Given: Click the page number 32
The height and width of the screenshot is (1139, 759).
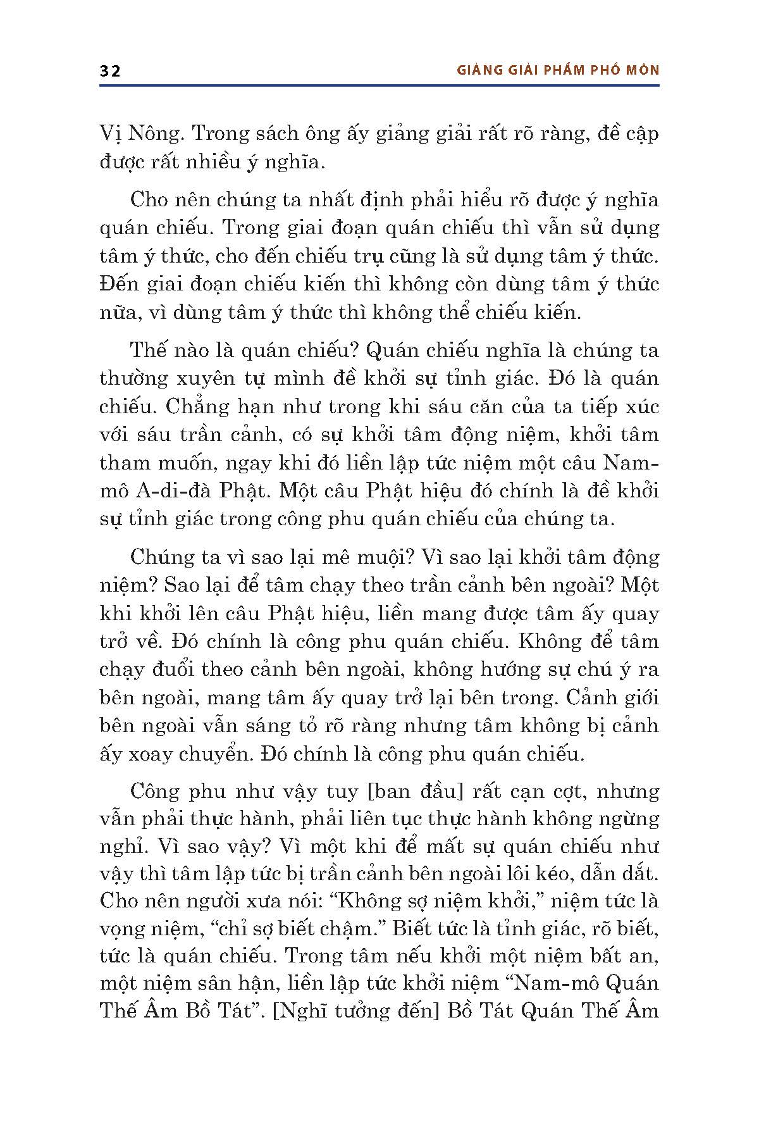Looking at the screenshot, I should (x=110, y=71).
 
